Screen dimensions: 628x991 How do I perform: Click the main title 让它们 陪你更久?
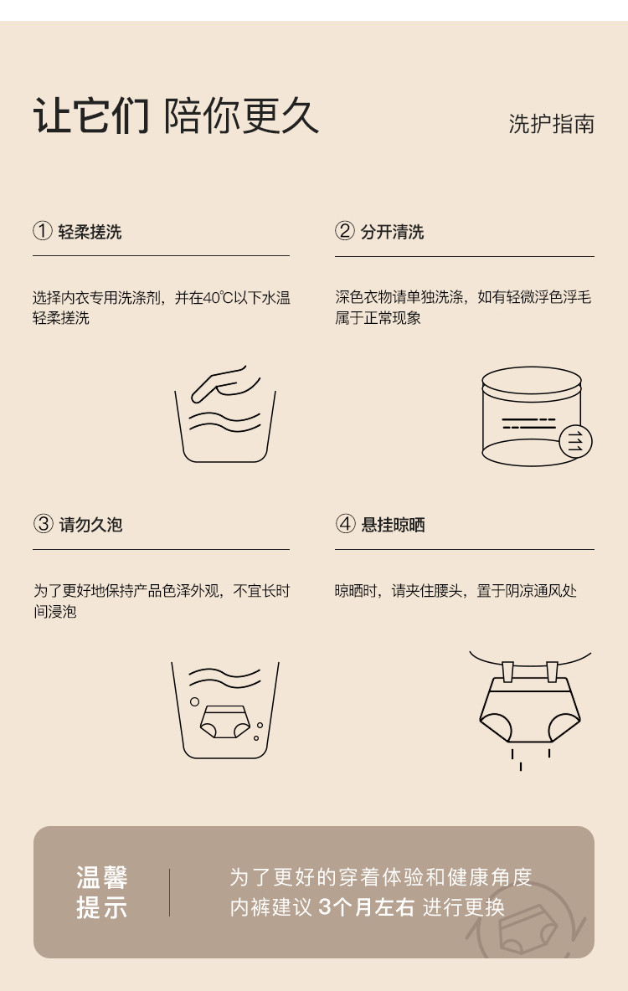[x=176, y=116]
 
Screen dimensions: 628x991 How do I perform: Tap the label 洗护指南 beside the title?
[x=552, y=124]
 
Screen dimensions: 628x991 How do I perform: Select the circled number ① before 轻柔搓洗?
[x=43, y=231]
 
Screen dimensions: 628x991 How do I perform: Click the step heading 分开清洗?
[x=392, y=232]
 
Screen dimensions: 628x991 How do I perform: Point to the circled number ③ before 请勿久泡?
[x=43, y=524]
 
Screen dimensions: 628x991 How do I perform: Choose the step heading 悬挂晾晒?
[x=393, y=525]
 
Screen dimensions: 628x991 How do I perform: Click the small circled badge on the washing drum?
[x=575, y=441]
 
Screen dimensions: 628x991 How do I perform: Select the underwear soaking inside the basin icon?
[x=225, y=721]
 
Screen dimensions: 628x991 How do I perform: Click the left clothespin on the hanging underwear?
[x=507, y=671]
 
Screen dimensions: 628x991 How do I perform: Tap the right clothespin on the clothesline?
[x=552, y=671]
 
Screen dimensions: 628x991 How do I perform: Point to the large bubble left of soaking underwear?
[x=195, y=701]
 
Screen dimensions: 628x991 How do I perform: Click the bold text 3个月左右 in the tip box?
[x=366, y=907]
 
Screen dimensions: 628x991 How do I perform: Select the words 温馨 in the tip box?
[x=102, y=877]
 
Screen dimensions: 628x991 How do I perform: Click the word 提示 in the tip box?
[x=102, y=907]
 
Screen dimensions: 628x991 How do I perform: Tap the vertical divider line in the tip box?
[x=169, y=892]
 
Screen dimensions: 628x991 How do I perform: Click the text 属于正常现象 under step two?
[x=378, y=318]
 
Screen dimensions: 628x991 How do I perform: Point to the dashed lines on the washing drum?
[x=528, y=423]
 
